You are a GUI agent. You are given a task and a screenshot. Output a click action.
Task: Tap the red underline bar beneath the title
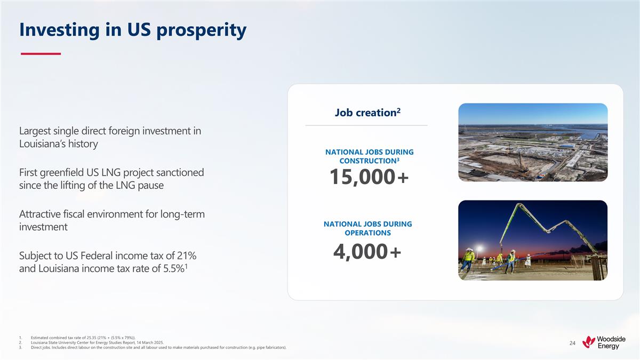[40, 53]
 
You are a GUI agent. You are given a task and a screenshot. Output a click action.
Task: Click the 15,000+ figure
[369, 177]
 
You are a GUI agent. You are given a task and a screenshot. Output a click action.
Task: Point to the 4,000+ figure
[367, 252]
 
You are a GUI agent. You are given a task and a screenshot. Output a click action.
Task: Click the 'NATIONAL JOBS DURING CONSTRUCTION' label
[369, 156]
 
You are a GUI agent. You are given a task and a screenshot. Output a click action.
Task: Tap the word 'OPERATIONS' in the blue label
[367, 233]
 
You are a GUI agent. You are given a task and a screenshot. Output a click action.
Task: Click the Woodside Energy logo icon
[589, 342]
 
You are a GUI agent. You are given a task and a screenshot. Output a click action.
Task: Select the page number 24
[572, 343]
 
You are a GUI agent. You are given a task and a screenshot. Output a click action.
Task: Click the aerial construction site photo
[532, 142]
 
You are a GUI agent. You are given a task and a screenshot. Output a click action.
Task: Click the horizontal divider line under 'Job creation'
[366, 125]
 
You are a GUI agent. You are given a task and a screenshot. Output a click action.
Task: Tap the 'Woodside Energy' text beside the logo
[611, 342]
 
